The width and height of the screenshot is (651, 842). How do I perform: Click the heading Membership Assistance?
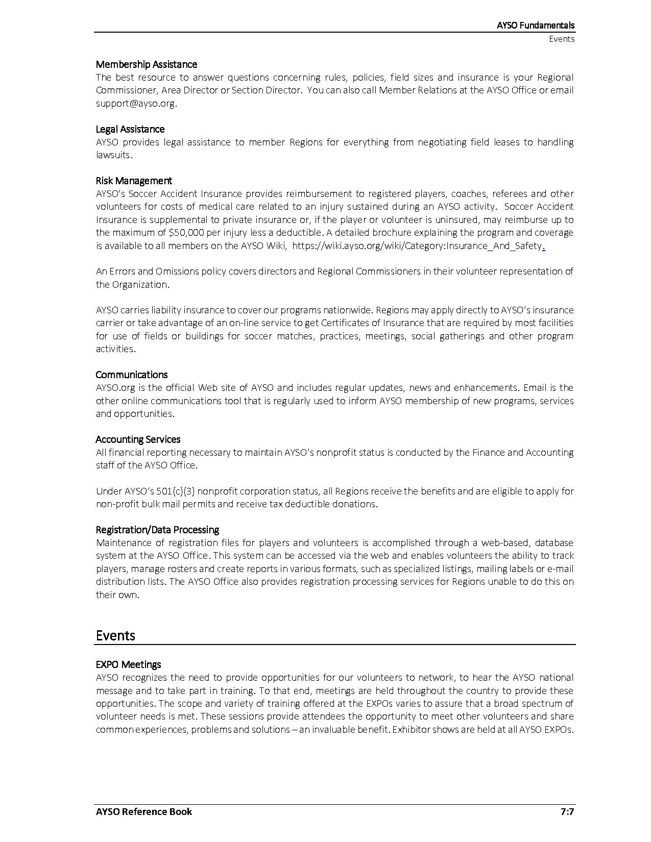pos(146,64)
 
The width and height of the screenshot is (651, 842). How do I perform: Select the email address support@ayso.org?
pos(136,103)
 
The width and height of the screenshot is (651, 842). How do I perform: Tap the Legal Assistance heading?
pos(130,129)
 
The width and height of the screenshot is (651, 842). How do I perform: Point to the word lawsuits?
pos(113,155)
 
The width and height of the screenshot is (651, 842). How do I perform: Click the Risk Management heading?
pos(134,181)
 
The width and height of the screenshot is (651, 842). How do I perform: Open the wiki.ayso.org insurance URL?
pos(417,246)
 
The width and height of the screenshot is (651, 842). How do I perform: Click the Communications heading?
pos(131,375)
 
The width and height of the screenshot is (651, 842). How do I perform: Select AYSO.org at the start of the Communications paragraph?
pos(115,388)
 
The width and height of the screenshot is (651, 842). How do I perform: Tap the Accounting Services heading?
pos(138,439)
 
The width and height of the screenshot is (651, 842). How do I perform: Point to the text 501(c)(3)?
pos(174,491)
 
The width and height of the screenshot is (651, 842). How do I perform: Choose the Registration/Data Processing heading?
pos(157,530)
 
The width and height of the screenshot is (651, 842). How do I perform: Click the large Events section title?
pos(115,635)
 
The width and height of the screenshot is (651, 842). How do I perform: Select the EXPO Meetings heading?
pos(128,664)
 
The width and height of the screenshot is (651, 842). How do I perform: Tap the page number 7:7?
pos(567,811)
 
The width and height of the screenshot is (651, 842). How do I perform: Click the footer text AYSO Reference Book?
pos(143,811)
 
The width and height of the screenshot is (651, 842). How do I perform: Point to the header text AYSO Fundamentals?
pos(536,25)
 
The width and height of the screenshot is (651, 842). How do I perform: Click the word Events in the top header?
pos(562,39)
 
